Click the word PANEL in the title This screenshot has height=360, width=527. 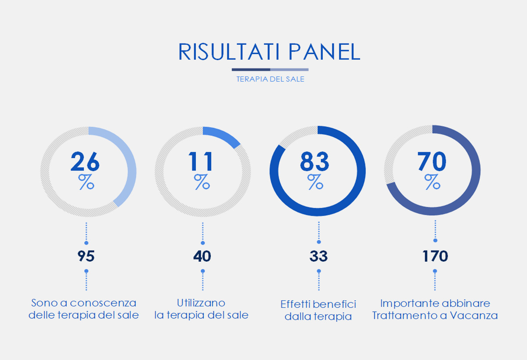(325, 52)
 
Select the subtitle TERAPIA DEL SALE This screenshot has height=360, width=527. (271, 79)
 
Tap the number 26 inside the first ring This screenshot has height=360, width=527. (85, 162)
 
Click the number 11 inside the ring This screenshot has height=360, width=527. (201, 162)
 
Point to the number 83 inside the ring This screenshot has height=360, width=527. (314, 162)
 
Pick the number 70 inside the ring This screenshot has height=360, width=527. (432, 161)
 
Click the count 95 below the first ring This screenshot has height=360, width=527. (86, 256)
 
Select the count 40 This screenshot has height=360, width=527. (202, 256)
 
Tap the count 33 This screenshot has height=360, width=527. (318, 256)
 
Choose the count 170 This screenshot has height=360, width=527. (435, 256)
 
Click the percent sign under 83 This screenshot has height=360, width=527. (315, 182)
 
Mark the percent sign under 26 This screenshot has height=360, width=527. (86, 182)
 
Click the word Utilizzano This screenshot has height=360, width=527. (201, 303)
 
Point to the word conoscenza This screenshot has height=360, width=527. (103, 303)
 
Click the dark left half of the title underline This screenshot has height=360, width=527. (251, 70)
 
